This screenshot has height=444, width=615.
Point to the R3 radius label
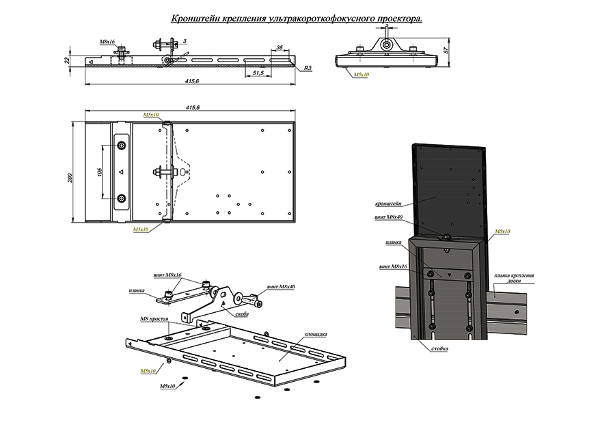(x=308, y=68)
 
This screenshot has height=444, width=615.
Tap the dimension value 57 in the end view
(x=446, y=51)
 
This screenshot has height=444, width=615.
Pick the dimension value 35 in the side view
(x=279, y=48)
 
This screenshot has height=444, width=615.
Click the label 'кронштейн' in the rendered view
(x=387, y=204)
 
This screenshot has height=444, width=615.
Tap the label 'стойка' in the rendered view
(x=440, y=348)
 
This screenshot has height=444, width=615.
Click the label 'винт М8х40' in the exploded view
(x=281, y=287)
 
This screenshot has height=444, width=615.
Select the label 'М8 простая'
(x=153, y=319)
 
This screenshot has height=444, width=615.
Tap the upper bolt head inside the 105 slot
(x=122, y=145)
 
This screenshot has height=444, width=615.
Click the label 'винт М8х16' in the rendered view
(x=392, y=266)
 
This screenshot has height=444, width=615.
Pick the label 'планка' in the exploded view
(x=136, y=290)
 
